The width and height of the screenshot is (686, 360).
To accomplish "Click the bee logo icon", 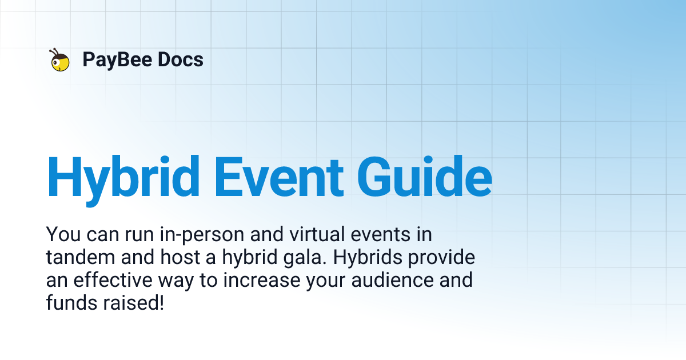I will [59, 60].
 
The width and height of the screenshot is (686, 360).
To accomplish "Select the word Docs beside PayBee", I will [181, 59].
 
